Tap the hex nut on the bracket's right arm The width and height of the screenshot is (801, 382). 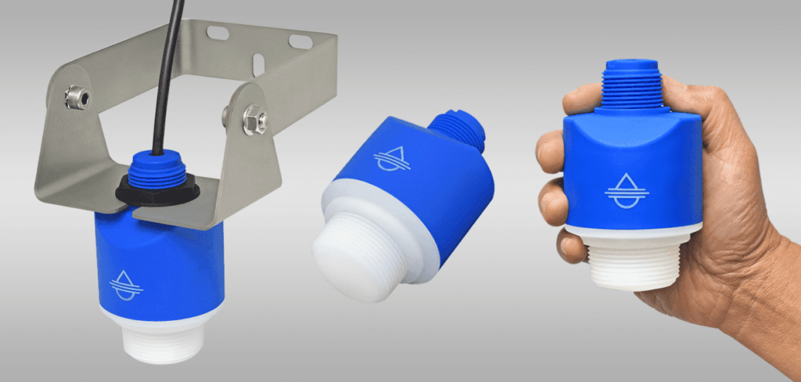[254, 120]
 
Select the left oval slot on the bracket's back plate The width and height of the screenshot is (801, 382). [217, 33]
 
